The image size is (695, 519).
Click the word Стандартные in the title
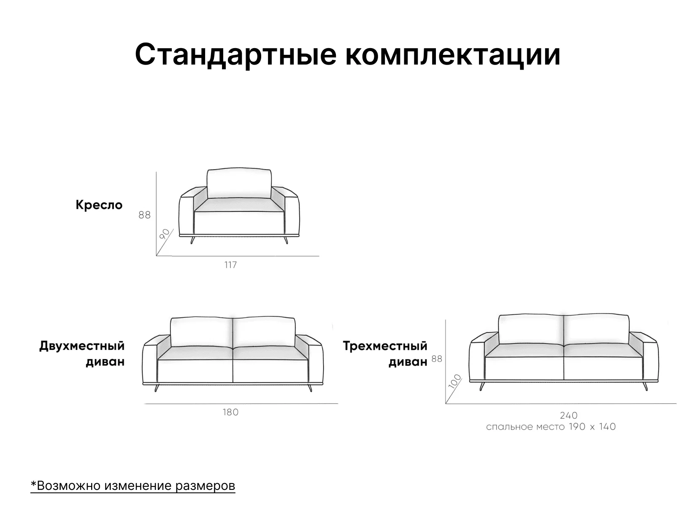pyautogui.click(x=235, y=54)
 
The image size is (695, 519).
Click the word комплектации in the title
pyautogui.click(x=453, y=54)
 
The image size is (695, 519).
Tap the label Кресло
pyautogui.click(x=99, y=205)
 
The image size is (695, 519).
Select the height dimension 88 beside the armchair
pyautogui.click(x=144, y=215)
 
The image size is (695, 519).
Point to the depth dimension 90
pyautogui.click(x=165, y=234)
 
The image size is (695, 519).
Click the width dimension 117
pyautogui.click(x=230, y=265)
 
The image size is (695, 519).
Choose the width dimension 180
pyautogui.click(x=230, y=412)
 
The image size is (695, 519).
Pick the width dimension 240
pyautogui.click(x=569, y=416)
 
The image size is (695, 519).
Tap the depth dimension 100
pyautogui.click(x=455, y=381)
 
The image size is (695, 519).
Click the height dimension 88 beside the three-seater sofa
pyautogui.click(x=437, y=359)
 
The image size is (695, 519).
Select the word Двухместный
pyautogui.click(x=82, y=346)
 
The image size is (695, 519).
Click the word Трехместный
pyautogui.click(x=385, y=346)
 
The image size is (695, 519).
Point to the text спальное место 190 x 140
pyautogui.click(x=551, y=427)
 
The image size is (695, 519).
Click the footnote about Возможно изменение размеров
pyautogui.click(x=133, y=486)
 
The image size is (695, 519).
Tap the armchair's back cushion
pyautogui.click(x=239, y=183)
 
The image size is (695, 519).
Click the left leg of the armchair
pyautogui.click(x=192, y=240)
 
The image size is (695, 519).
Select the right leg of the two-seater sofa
pyautogui.click(x=310, y=388)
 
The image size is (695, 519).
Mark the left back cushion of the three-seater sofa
pyautogui.click(x=531, y=330)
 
